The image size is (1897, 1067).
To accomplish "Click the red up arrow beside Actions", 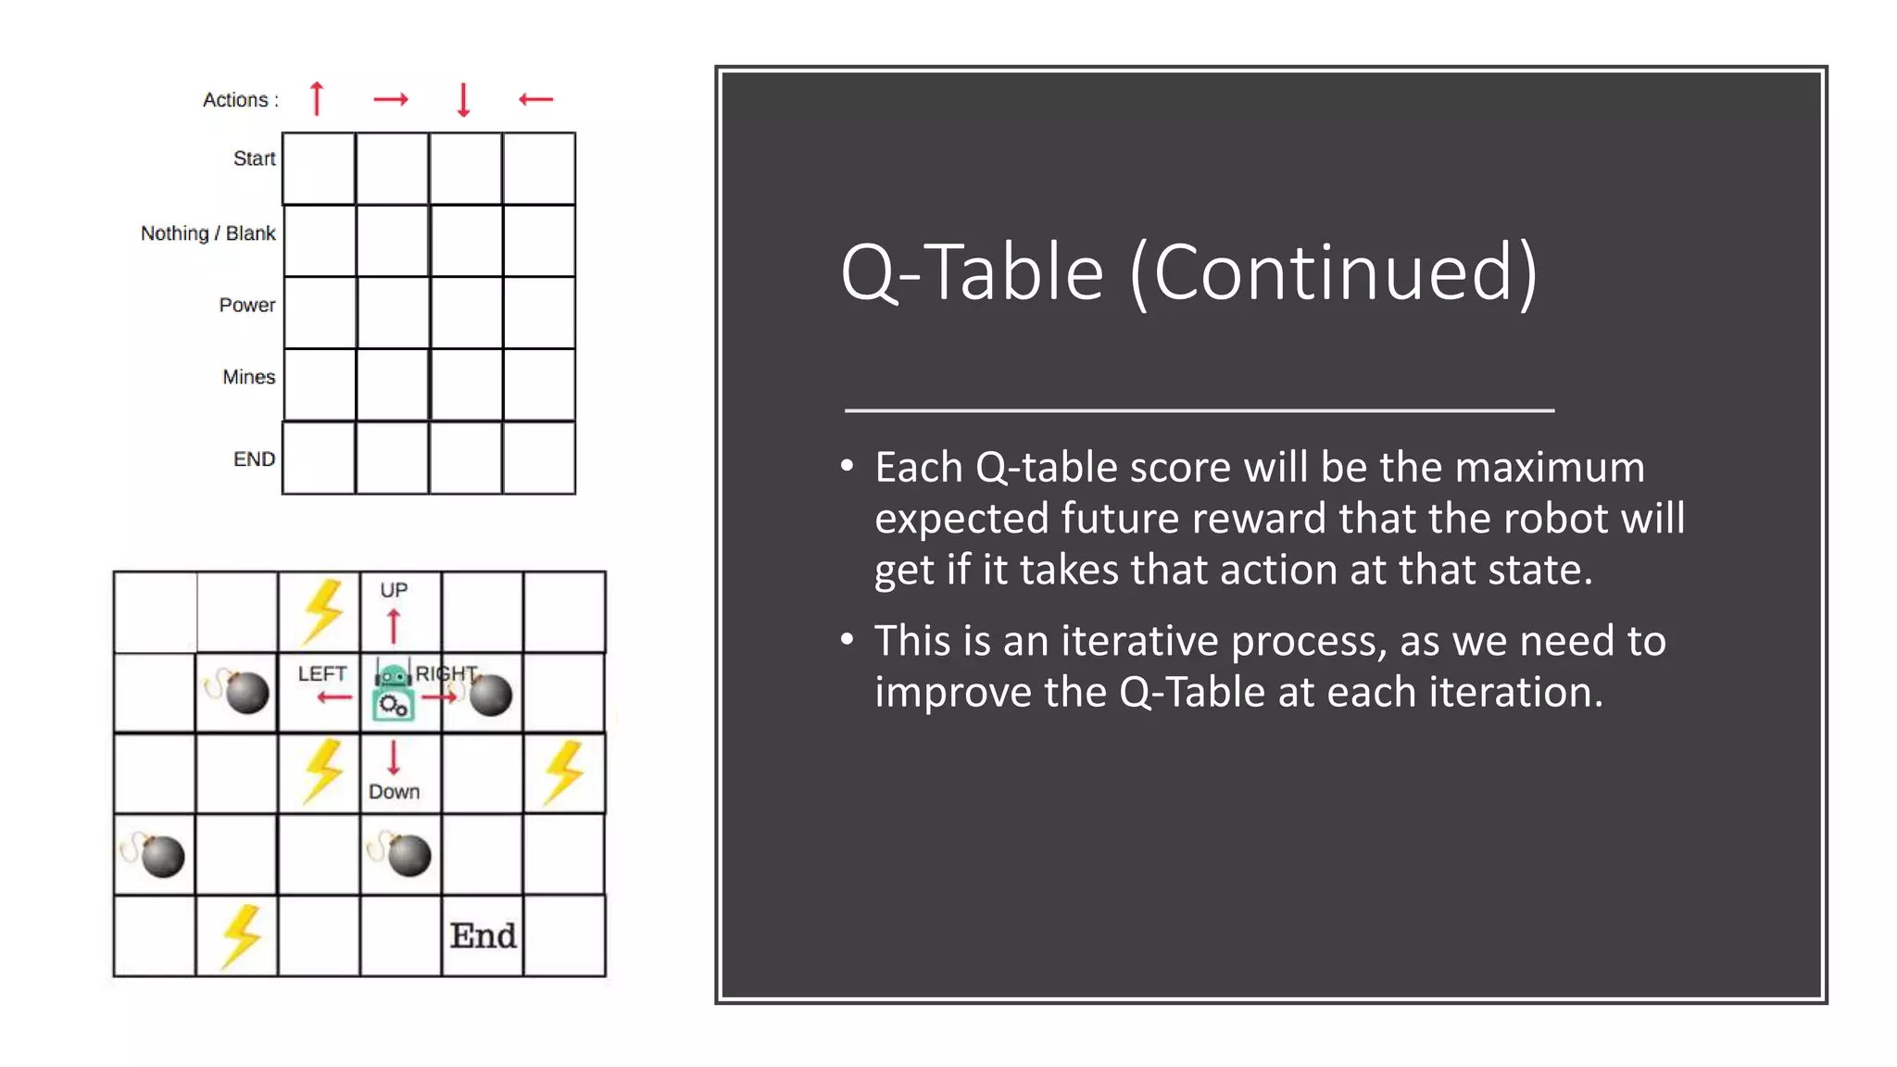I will tap(317, 98).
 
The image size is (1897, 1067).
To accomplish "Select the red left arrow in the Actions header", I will tap(535, 99).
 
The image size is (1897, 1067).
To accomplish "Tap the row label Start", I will tap(254, 158).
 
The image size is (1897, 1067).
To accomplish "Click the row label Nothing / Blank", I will tap(207, 233).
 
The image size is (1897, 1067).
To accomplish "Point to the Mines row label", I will tap(248, 377).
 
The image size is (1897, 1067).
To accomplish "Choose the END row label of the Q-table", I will tap(254, 459).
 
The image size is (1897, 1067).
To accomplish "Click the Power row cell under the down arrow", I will tap(466, 313).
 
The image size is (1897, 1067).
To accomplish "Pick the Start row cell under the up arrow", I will tap(319, 169).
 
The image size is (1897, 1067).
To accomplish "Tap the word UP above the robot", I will tap(394, 590).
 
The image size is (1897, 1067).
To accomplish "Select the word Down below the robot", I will tap(394, 792).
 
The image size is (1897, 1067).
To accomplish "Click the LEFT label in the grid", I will tap(321, 673).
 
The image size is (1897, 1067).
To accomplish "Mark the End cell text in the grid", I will tap(483, 935).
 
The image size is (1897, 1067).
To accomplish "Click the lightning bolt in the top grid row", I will tap(322, 610).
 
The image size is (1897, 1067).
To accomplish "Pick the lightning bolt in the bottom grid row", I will tap(241, 935).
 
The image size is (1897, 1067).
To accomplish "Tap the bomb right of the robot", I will tap(490, 695).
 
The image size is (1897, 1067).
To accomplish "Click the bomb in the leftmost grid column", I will tap(160, 855).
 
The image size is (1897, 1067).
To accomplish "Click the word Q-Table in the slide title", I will tap(973, 272).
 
